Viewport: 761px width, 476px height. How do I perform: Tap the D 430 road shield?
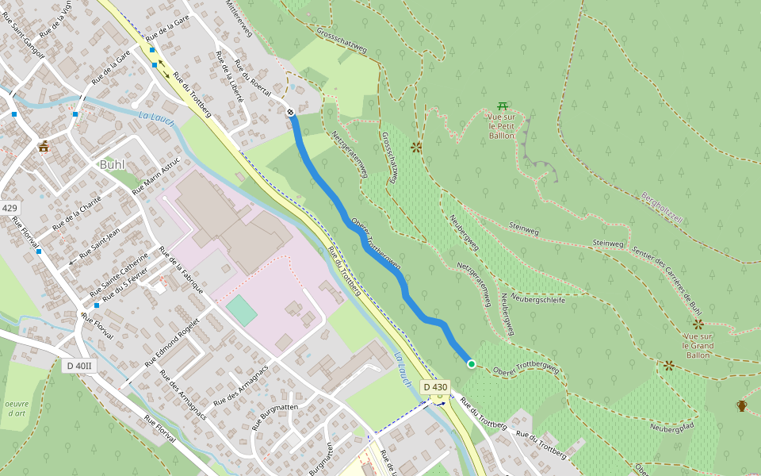click(435, 387)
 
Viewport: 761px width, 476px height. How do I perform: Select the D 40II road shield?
click(78, 366)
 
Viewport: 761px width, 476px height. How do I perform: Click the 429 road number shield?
click(9, 209)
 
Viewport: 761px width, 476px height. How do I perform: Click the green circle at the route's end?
click(472, 364)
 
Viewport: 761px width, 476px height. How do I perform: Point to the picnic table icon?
click(503, 106)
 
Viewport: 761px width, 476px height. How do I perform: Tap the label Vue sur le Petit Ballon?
click(502, 127)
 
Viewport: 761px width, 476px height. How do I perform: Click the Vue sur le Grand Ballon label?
click(698, 345)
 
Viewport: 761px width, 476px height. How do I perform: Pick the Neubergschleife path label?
click(538, 299)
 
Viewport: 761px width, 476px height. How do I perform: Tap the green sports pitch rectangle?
click(242, 310)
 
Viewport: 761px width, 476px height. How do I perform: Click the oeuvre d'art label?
click(17, 409)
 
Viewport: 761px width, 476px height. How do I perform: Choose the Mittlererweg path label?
click(239, 18)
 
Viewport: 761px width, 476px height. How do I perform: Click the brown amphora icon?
click(741, 406)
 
